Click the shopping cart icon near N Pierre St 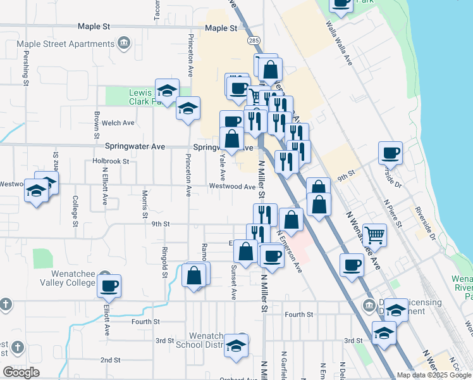coord(375,236)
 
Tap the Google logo coord(21,372)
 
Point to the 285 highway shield coord(254,41)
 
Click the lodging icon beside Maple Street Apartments coord(124,43)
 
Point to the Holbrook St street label coord(110,161)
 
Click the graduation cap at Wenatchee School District coord(237,346)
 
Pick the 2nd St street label coord(110,360)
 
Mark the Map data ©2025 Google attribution coord(434,375)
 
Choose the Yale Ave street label coord(222,163)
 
